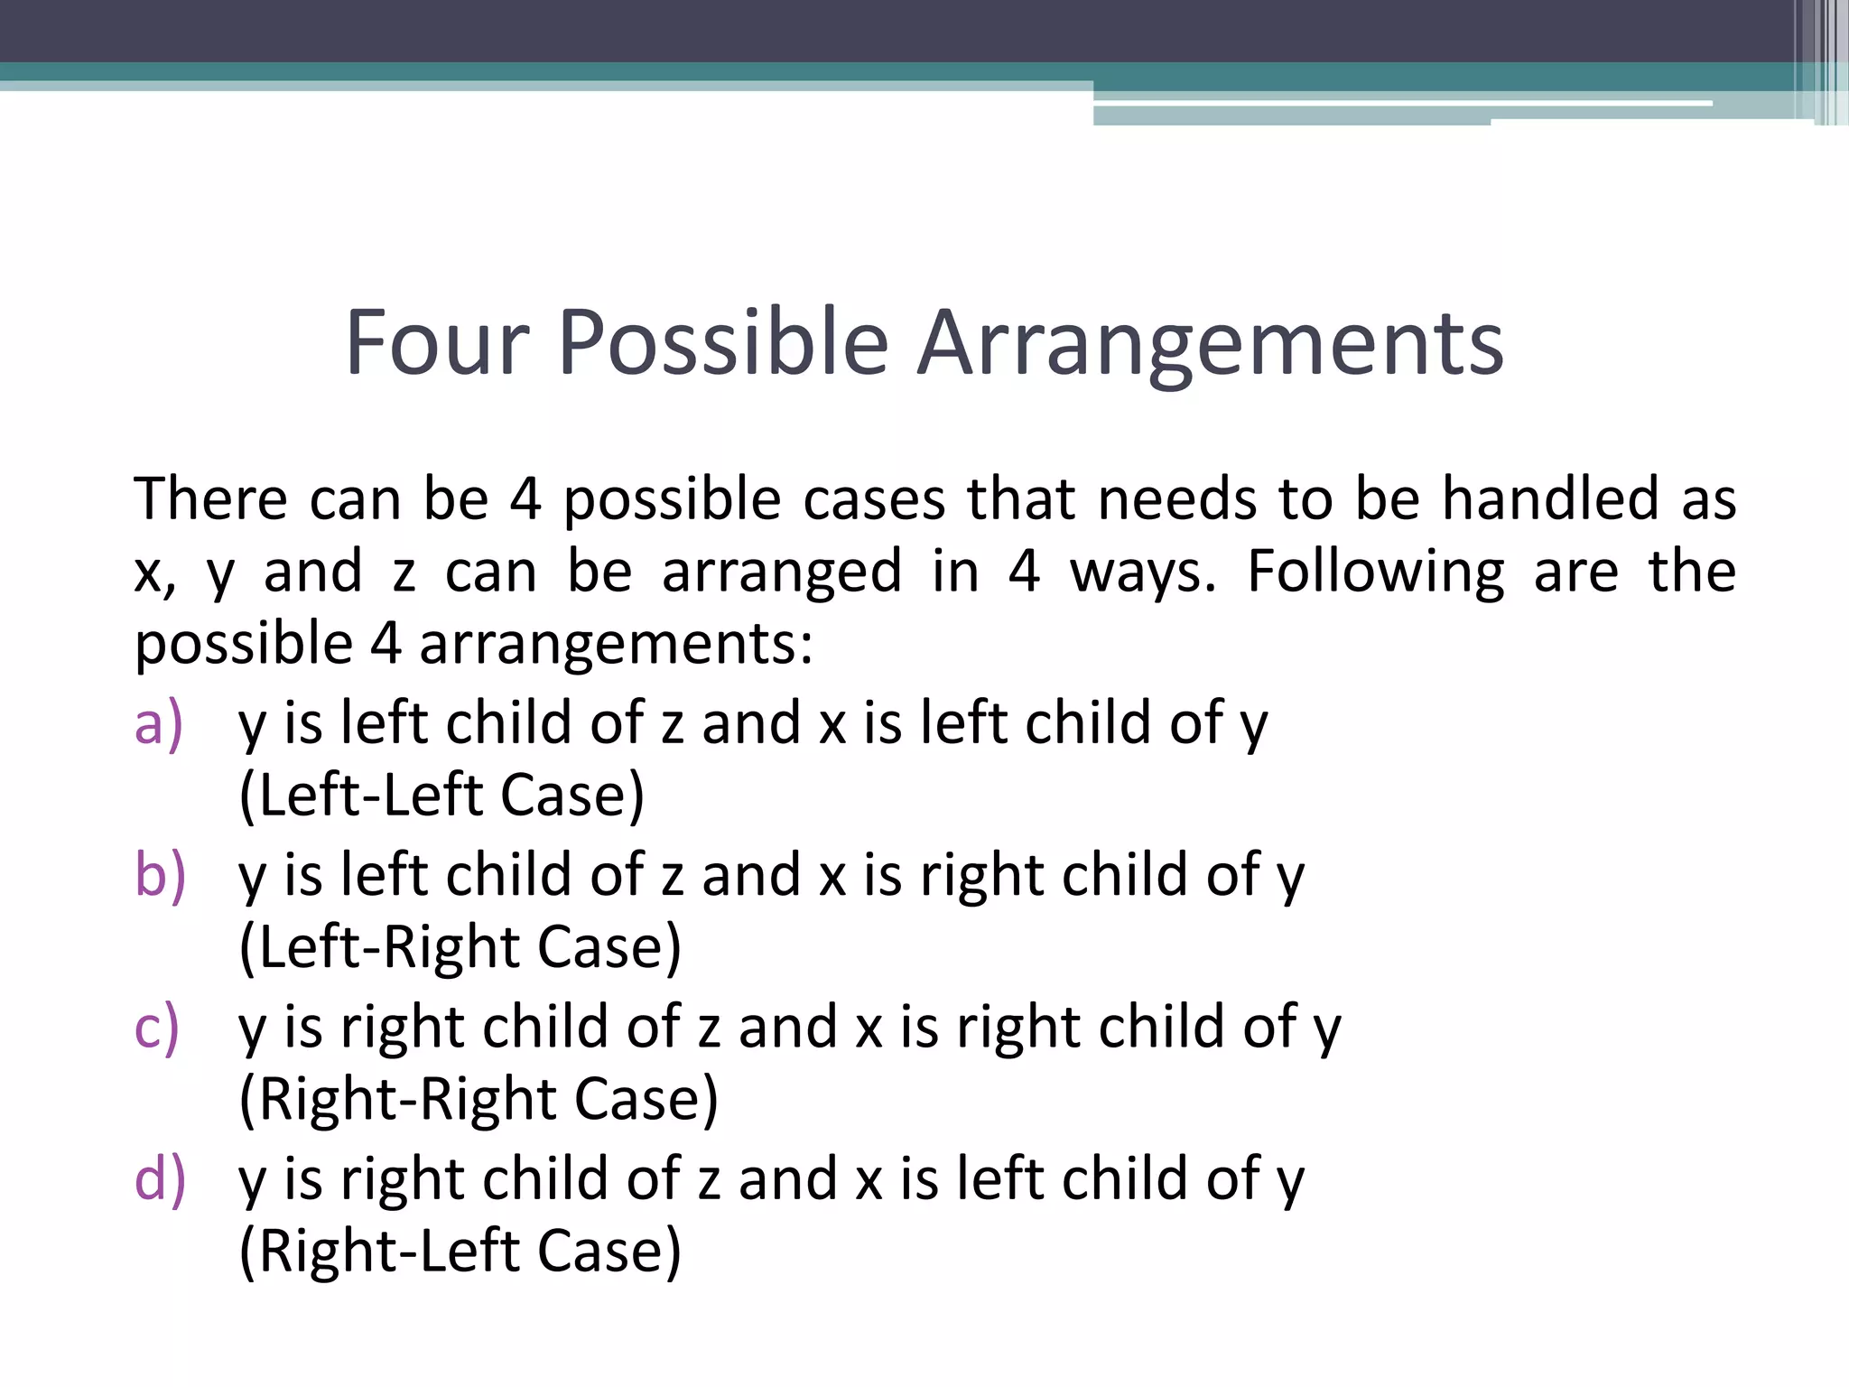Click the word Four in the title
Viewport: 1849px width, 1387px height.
coord(437,343)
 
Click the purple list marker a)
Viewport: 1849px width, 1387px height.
coord(159,724)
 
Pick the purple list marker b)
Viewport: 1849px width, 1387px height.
coord(160,876)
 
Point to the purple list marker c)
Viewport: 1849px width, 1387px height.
coord(157,1028)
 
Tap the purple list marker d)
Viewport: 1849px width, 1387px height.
coord(160,1179)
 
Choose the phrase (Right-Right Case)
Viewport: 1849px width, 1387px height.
coord(479,1100)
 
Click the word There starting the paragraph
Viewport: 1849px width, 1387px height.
coord(210,498)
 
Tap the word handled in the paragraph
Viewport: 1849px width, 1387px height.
coord(1550,498)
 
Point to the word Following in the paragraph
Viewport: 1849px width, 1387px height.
coord(1375,572)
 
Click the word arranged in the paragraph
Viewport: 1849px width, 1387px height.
coord(782,572)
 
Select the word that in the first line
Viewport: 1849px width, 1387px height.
coord(1020,498)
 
